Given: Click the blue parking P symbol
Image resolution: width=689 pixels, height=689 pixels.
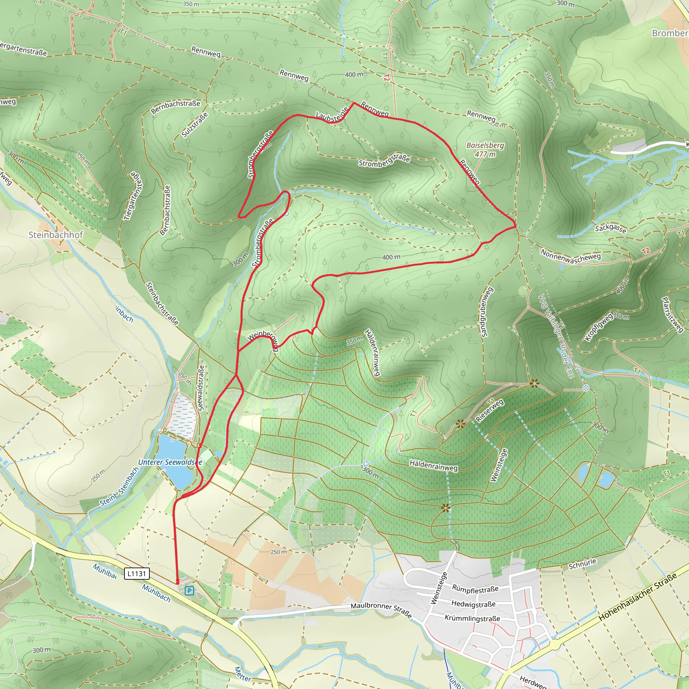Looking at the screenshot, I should coord(189,591).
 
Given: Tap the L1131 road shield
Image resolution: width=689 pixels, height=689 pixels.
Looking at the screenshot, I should coord(137,574).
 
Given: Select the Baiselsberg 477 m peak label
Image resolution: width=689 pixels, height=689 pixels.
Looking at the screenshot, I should coord(485,150).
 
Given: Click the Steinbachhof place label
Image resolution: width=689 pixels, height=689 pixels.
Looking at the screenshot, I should coord(56,235).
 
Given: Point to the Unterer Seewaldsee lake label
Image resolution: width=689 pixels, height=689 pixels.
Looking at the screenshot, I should coord(170,462).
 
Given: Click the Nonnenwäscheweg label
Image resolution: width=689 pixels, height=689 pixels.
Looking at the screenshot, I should coord(571,256).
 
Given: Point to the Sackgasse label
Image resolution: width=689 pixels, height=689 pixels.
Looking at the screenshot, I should coord(610,228).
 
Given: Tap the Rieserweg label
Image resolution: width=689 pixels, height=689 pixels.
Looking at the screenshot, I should coord(490,411).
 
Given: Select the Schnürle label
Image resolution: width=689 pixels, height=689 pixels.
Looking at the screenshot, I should coord(582,564).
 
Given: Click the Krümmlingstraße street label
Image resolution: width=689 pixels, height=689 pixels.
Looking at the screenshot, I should coord(472,618).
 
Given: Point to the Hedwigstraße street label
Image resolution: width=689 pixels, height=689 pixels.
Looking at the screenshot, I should coord(473,604).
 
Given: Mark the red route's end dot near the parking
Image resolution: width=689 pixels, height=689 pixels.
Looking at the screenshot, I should coord(178,583).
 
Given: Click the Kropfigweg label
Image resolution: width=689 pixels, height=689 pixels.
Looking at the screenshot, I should coord(599,327).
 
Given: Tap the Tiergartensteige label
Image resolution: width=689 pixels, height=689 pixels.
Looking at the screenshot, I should coord(133,196).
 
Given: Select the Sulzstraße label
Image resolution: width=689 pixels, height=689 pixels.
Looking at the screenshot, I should coord(195,125).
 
